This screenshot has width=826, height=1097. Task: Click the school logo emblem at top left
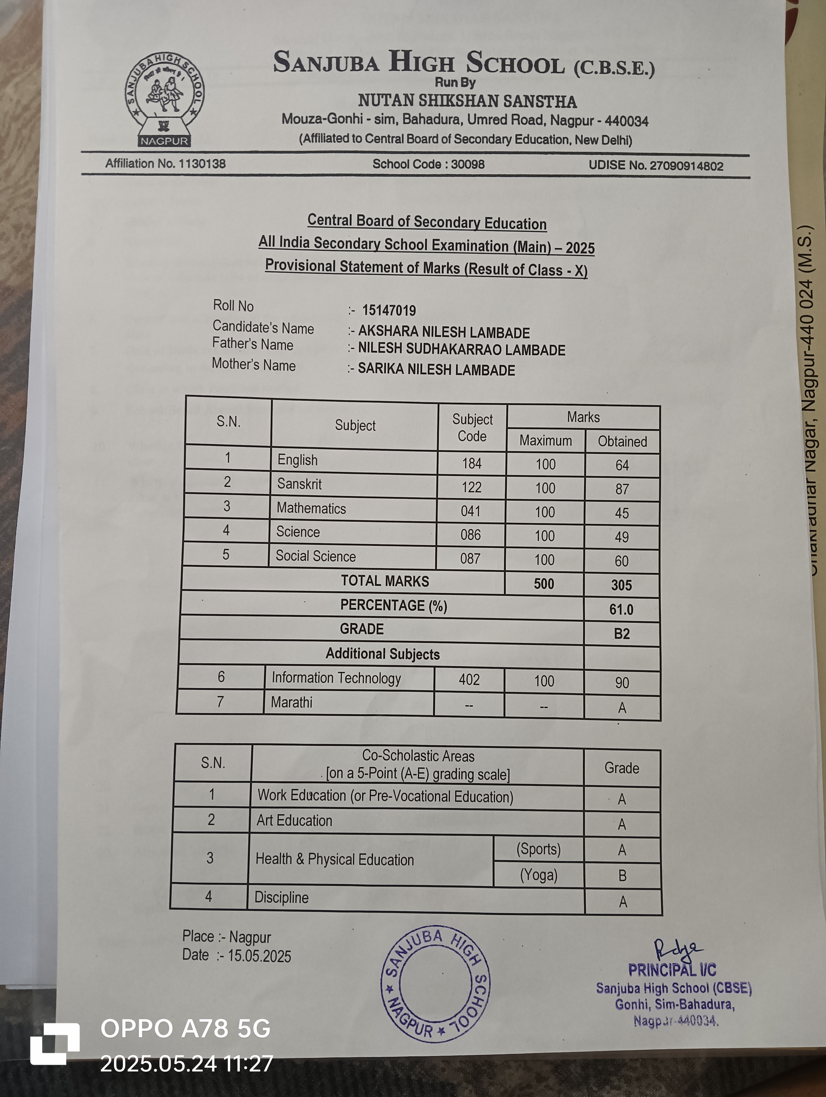coord(164,99)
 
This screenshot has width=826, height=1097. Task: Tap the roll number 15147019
coord(389,311)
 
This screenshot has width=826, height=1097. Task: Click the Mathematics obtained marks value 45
coord(622,513)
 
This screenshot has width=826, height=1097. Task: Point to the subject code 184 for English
coord(472,463)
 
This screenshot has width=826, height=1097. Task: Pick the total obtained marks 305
coord(621,585)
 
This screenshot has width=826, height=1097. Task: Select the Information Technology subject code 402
coord(469,679)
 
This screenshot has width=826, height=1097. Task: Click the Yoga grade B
coord(622,876)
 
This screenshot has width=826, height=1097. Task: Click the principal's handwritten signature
coord(677,950)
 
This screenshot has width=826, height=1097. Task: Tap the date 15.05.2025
coord(259,956)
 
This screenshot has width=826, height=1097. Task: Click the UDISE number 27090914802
coord(686,166)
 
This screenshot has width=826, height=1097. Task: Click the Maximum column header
coord(545,440)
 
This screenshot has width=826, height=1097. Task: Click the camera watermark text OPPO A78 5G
coord(186,1028)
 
